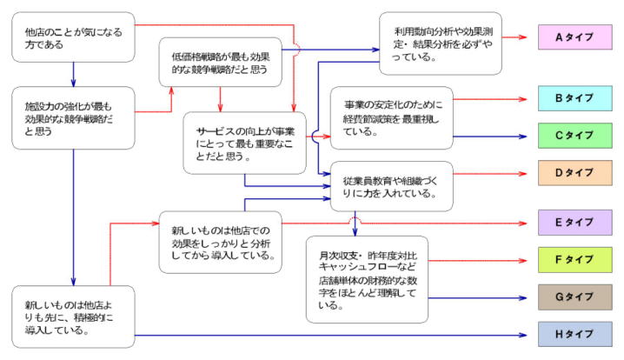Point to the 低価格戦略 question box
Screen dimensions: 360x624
tap(222, 62)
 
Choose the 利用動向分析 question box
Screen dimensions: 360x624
tap(441, 43)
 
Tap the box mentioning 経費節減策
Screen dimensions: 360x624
tap(392, 117)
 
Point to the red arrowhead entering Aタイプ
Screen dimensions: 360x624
tap(524, 37)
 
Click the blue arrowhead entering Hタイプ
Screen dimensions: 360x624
tap(524, 334)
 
